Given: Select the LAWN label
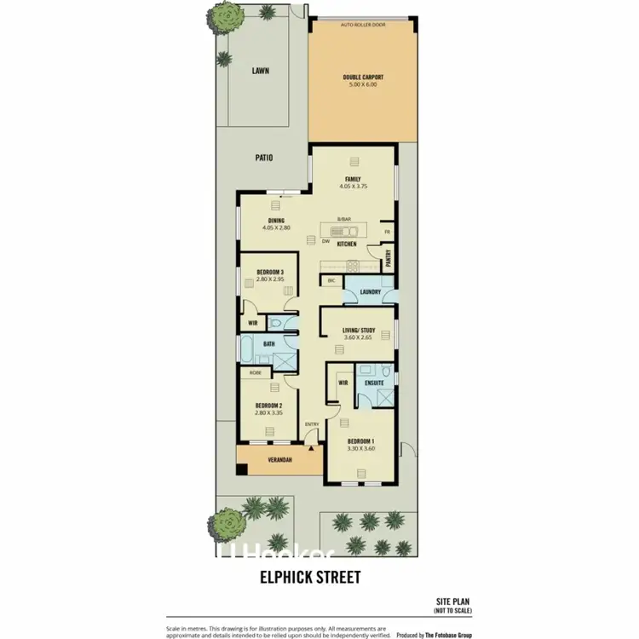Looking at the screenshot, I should coord(260,72).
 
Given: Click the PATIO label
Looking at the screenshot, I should coord(264,157).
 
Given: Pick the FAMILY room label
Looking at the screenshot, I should coord(353,178).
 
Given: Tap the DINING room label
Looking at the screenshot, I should coord(276,221).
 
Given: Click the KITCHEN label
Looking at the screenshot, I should coord(346,245).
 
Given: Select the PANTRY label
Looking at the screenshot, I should coord(388,262).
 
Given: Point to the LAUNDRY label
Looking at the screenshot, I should coord(370,292).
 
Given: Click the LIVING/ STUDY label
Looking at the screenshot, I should coord(358,329).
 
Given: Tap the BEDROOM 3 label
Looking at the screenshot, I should coord(269,272).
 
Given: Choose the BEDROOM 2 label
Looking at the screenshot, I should coord(268,405).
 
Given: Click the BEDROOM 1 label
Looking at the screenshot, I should coord(361,440).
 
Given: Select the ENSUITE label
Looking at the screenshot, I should coord(374,383).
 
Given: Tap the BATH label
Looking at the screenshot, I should coord(268,344).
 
